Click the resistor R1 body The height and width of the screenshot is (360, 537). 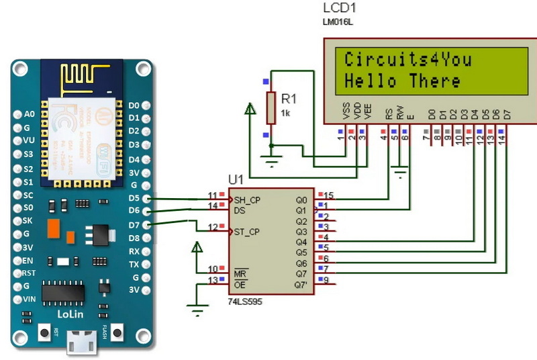(x=271, y=108)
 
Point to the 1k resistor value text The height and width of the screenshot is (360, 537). (x=285, y=113)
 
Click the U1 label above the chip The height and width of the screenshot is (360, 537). (x=236, y=180)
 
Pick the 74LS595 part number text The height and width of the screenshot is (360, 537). (x=245, y=302)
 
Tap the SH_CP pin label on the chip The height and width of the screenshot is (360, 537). (x=247, y=199)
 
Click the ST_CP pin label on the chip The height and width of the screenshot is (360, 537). (x=247, y=232)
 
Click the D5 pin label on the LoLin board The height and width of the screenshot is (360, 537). (x=134, y=199)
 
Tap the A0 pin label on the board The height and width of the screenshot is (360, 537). (x=28, y=114)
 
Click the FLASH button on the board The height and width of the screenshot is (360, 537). (x=118, y=332)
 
